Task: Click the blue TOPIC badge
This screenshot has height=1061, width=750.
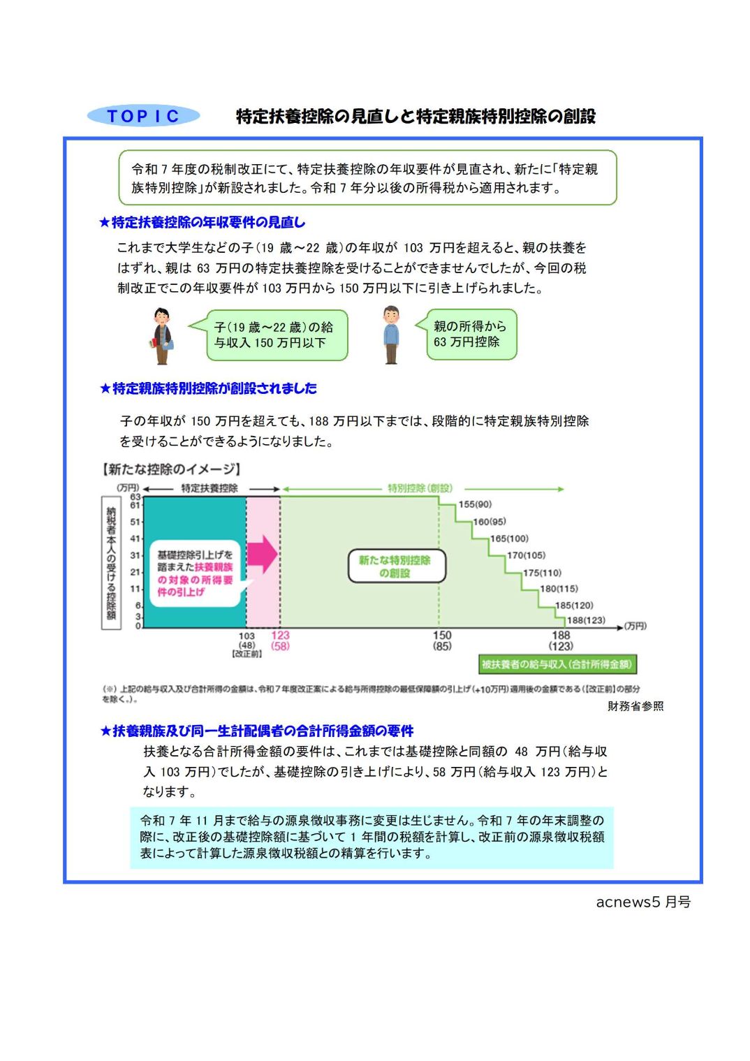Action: point(143,116)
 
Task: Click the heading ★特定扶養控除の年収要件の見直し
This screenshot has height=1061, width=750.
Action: point(202,222)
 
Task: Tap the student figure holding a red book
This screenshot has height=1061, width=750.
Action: point(162,336)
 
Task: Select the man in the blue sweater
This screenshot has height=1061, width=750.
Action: point(391,335)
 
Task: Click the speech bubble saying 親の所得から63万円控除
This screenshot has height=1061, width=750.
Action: point(471,335)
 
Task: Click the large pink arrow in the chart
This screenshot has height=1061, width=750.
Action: point(263,554)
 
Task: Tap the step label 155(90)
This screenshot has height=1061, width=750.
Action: point(475,504)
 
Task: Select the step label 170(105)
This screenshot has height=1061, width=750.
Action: point(526,555)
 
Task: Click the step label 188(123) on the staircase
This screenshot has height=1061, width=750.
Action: point(585,620)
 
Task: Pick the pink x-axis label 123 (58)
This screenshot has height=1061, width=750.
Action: point(280,641)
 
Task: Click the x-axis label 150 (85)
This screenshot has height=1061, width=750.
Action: point(442,641)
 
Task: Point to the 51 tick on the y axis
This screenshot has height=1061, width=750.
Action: point(135,522)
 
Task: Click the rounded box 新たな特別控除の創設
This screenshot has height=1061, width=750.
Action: point(396,566)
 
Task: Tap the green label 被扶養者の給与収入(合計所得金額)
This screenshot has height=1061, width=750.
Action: point(557,664)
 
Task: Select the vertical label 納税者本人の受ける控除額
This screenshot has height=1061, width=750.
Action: point(111,563)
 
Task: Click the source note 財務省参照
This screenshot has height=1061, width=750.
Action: point(635,706)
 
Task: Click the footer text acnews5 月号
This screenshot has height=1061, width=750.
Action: point(642,902)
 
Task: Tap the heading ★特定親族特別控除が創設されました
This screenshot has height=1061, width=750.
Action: point(208,388)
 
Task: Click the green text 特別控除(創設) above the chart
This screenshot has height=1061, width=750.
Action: point(420,488)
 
